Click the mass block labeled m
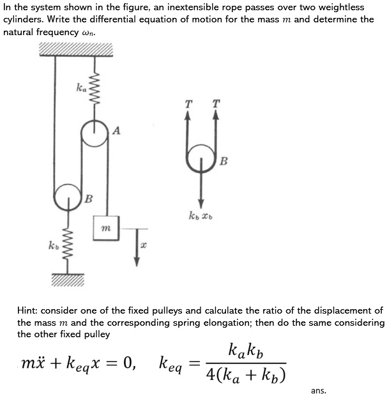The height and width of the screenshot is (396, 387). pyautogui.click(x=106, y=228)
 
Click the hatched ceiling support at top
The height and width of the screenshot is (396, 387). pyautogui.click(x=75, y=49)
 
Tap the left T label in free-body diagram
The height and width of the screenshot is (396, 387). pyautogui.click(x=187, y=103)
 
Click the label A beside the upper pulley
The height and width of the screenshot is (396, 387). pyautogui.click(x=116, y=131)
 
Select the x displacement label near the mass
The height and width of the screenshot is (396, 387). pyautogui.click(x=144, y=245)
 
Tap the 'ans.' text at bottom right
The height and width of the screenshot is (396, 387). pyautogui.click(x=319, y=390)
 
